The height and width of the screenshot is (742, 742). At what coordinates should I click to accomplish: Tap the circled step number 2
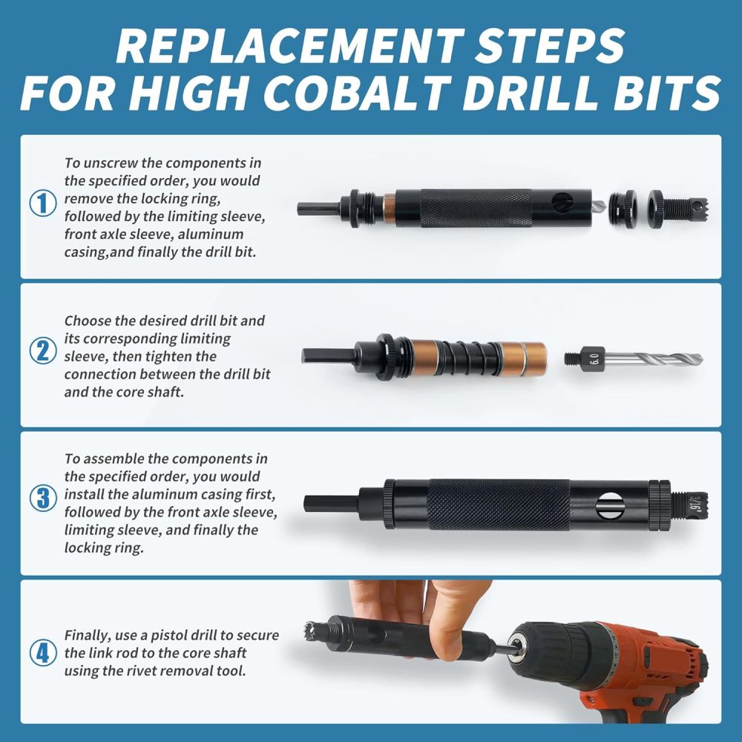[x=42, y=350]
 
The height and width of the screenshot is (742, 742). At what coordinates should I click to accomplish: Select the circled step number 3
[x=42, y=497]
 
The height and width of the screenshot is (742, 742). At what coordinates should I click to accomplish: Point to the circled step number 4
[x=42, y=653]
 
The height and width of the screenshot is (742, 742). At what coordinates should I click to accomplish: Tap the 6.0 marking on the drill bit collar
[x=594, y=358]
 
